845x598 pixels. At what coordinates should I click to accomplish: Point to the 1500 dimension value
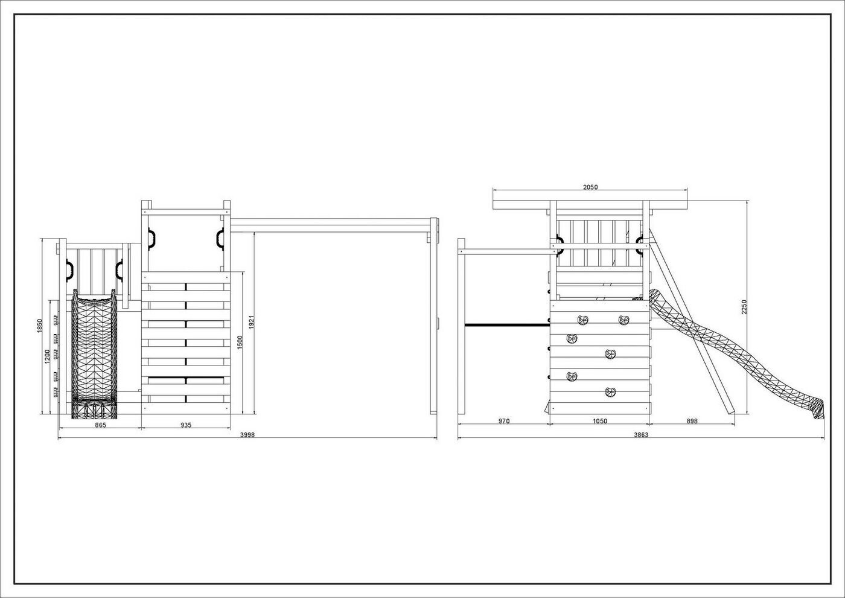tap(240, 342)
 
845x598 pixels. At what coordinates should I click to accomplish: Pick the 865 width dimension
tap(100, 425)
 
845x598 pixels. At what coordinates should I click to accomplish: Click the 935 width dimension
tap(185, 425)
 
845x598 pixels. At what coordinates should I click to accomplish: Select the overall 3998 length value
tap(247, 435)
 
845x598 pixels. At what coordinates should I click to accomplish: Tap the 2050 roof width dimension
tap(590, 187)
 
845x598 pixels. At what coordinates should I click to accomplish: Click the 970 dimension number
tap(504, 421)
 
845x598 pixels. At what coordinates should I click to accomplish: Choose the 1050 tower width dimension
tap(599, 421)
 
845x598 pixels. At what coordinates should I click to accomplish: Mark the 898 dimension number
tap(692, 421)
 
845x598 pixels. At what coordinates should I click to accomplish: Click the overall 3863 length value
tap(641, 435)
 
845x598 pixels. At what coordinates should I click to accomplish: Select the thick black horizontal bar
tap(507, 325)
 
